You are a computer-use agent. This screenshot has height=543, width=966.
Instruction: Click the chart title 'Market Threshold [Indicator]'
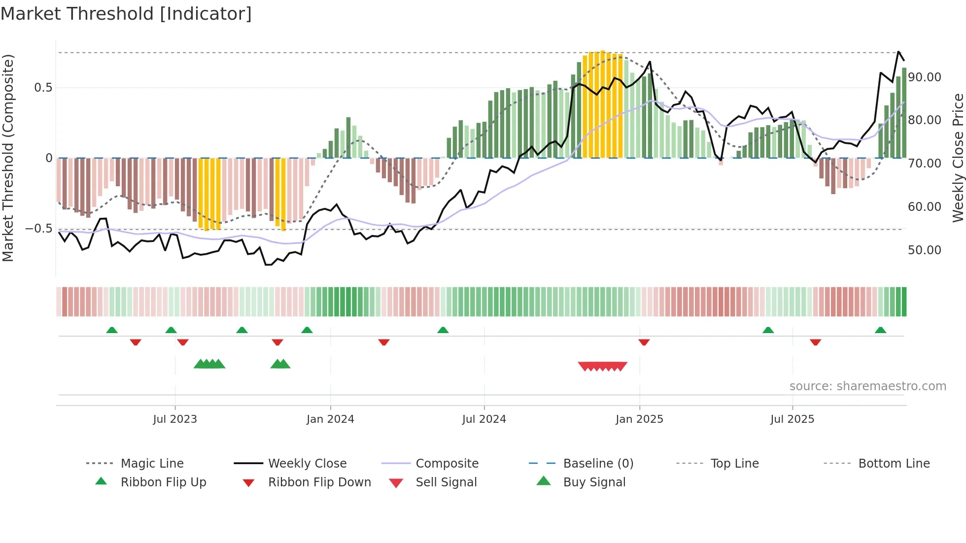[126, 14]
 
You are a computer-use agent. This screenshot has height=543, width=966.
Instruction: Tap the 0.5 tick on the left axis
[43, 88]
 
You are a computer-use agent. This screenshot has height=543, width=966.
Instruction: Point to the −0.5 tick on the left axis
[39, 229]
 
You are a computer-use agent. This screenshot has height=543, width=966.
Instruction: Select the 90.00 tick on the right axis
[925, 77]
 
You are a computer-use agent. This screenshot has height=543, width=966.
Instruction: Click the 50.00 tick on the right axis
[925, 250]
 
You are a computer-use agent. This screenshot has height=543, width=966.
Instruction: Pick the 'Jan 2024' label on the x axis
[330, 419]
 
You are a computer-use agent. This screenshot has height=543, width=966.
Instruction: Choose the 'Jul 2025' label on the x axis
[792, 419]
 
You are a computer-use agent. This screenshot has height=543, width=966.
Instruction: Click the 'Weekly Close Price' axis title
[958, 158]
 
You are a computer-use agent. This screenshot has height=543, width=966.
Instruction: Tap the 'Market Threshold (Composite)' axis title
[8, 158]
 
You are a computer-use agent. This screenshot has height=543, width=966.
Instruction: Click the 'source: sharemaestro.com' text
[867, 386]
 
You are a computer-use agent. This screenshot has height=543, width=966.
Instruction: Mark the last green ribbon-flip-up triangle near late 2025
[880, 330]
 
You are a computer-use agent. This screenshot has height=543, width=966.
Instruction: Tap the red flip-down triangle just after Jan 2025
[644, 342]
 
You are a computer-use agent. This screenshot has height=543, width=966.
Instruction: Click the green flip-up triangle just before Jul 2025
[768, 330]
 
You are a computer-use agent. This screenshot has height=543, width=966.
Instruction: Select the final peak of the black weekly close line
[898, 52]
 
